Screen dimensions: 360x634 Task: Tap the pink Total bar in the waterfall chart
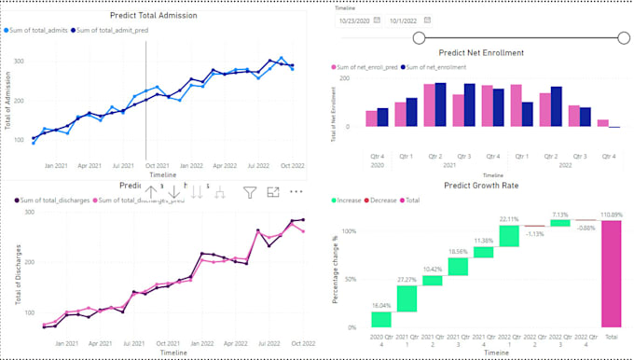[611, 275]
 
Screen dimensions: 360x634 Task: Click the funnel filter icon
[250, 192]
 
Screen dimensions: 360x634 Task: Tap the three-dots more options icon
[296, 192]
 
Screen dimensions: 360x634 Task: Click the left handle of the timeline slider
[419, 37]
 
